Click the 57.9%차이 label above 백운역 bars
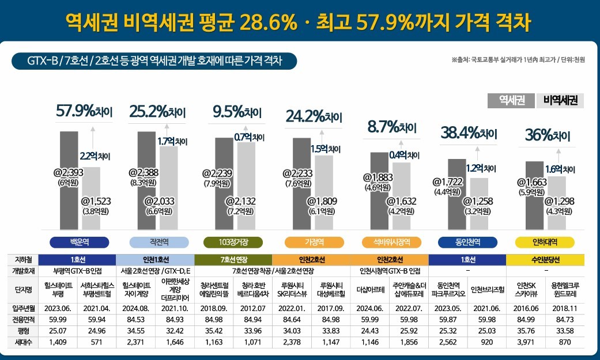click(x=84, y=111)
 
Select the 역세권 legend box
click(x=511, y=100)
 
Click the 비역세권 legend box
click(x=560, y=100)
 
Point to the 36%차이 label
click(x=547, y=137)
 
